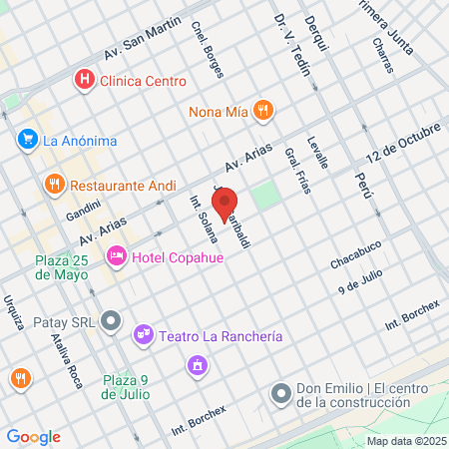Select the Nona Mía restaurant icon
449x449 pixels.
262,111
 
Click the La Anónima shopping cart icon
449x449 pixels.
27,141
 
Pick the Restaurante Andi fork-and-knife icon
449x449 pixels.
54,185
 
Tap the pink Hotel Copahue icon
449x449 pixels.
117,256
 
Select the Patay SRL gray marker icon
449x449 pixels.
112,321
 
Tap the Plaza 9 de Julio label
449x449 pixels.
126,385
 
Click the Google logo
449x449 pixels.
33,436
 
